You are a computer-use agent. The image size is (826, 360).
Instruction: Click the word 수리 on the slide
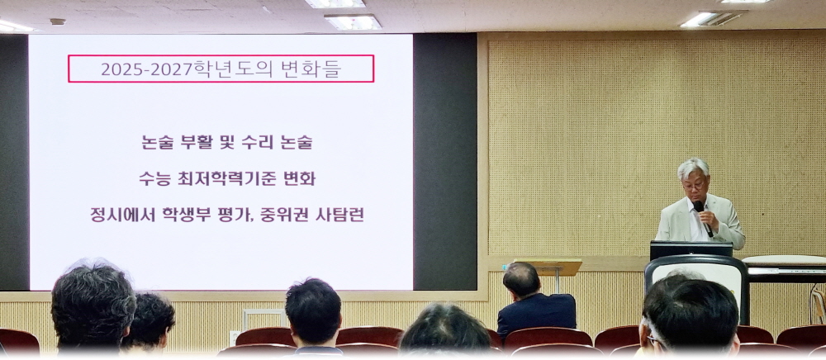pos(258,142)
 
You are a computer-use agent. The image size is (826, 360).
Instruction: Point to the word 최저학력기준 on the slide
pos(224,179)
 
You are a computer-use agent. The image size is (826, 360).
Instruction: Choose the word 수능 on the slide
pos(155,179)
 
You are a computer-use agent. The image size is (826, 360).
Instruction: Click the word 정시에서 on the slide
pos(123,215)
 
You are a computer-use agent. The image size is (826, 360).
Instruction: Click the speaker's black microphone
pos(703,218)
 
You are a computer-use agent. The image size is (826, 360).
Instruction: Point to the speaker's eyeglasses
pos(695,186)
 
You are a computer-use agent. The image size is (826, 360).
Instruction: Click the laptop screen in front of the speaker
pos(691,250)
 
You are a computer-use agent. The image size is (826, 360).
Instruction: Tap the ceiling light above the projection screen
pos(353,21)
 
